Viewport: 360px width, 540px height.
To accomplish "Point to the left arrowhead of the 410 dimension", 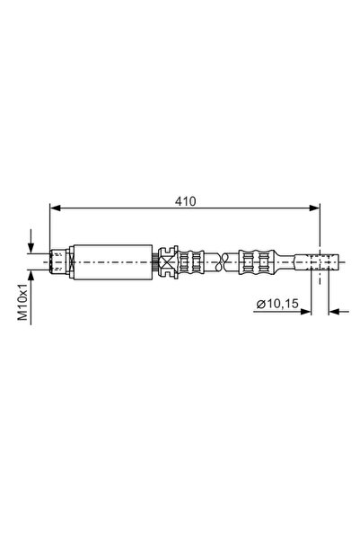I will tap(54, 208).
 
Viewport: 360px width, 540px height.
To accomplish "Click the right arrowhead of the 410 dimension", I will tap(315, 208).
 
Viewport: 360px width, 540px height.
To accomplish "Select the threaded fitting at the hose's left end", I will tap(59, 262).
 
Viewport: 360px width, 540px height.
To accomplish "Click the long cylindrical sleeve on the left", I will tap(111, 262).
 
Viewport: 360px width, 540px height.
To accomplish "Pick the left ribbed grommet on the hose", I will tap(190, 262).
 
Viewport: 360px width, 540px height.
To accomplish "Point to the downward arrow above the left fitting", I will tap(32, 243).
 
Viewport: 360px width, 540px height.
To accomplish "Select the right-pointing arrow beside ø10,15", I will tap(305, 312).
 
